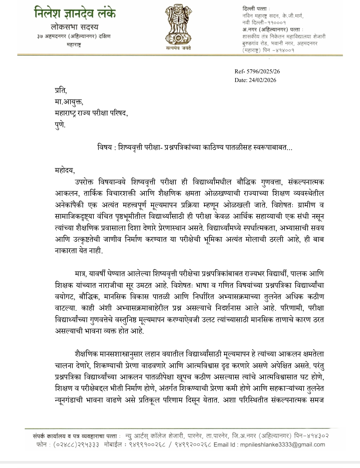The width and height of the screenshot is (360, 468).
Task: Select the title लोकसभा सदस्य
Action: click(75, 27)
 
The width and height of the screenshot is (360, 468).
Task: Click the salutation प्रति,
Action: click(61, 91)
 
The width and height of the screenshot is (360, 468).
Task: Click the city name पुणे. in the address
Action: click(60, 125)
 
